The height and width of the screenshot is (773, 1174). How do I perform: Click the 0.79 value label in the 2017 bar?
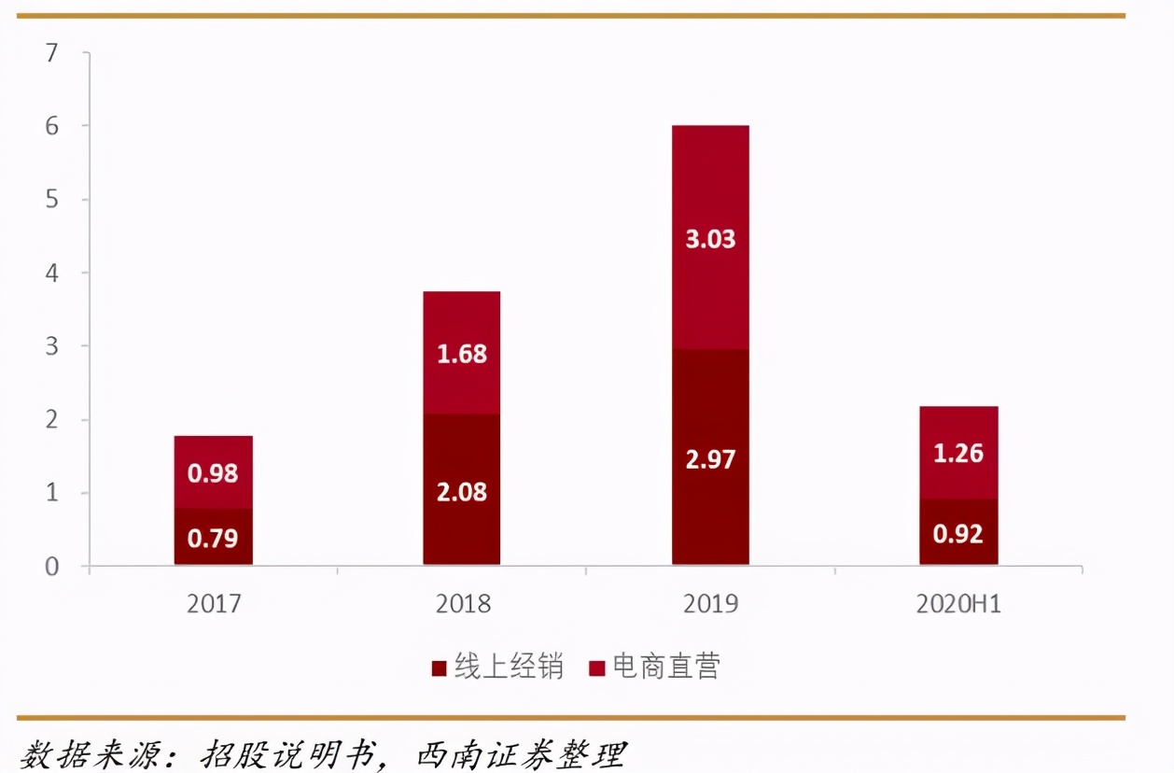click(x=213, y=539)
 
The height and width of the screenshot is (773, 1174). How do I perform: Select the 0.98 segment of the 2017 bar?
click(x=213, y=472)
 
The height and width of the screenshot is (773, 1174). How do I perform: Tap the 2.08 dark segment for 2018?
click(x=462, y=491)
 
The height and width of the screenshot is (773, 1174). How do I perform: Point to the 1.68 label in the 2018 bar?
click(x=462, y=354)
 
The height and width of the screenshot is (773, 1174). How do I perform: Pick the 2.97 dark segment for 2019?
click(x=710, y=459)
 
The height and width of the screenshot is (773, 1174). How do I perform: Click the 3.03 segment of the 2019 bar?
click(x=710, y=238)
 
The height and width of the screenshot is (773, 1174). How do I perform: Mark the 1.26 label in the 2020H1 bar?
click(x=958, y=453)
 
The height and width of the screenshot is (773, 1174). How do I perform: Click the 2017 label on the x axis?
click(x=214, y=604)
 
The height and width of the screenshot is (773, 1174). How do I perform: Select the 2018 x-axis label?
click(x=463, y=604)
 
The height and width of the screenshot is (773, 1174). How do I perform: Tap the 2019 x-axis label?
click(x=710, y=604)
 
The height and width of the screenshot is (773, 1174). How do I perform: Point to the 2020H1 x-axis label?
click(x=958, y=604)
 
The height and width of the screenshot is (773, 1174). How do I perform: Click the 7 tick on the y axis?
click(x=51, y=53)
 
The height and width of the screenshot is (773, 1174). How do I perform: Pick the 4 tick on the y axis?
click(x=51, y=274)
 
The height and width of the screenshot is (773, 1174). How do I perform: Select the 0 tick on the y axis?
click(x=51, y=567)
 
